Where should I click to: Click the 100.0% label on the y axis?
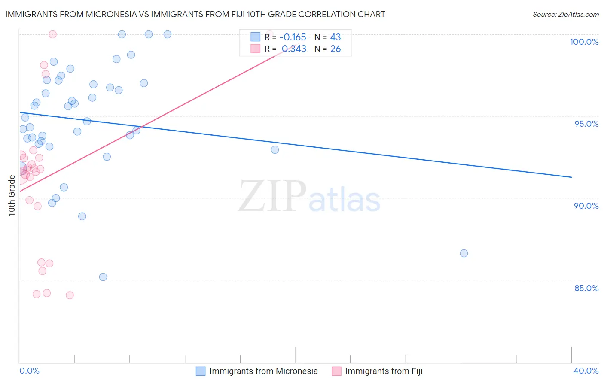click(584, 42)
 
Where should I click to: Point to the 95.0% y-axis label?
click(586, 124)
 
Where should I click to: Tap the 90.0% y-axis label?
click(586, 206)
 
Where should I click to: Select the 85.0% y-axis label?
click(586, 288)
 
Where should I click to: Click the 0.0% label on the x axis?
click(29, 371)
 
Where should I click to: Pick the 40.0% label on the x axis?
click(586, 371)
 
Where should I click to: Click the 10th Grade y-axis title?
click(12, 195)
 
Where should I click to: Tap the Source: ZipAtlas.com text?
click(565, 15)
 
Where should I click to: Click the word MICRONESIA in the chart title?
click(110, 15)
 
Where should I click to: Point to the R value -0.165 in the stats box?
click(293, 37)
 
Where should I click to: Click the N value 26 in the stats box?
click(335, 49)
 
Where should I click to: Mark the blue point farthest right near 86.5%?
click(464, 253)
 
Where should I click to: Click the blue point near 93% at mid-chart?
click(275, 150)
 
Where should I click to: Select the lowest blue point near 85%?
click(103, 277)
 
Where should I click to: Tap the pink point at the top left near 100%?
click(53, 34)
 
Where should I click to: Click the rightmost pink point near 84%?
click(70, 295)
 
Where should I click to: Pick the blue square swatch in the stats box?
click(256, 37)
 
